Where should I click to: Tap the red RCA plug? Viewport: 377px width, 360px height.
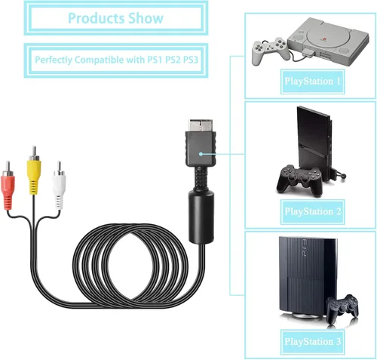[8, 186]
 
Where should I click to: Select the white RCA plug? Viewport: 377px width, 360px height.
[60, 186]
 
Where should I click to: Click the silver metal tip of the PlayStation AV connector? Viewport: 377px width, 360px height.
[201, 125]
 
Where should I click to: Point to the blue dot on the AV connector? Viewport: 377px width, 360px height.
[201, 154]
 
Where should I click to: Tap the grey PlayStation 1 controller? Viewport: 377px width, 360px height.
[270, 50]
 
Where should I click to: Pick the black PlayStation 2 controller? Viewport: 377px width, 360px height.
[299, 180]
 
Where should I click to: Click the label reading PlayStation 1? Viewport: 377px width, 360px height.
[312, 82]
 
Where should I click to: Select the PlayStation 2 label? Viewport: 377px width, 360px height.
[312, 211]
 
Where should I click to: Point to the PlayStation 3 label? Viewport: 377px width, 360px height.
[312, 342]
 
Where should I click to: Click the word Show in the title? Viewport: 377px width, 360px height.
[146, 18]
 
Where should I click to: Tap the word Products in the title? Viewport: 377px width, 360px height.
[97, 18]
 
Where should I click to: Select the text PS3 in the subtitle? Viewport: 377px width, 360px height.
[191, 60]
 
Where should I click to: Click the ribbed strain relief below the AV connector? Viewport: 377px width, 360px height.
[201, 179]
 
